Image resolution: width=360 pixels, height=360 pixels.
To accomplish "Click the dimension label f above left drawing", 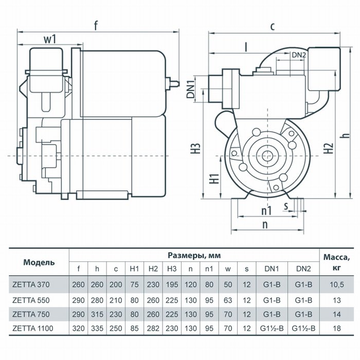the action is click(96, 26).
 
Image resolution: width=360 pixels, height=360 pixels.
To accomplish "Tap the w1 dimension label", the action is click(50, 39).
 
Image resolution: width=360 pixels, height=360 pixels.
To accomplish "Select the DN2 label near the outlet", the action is click(299, 55).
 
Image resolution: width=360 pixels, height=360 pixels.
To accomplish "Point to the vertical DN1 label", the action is click(191, 89).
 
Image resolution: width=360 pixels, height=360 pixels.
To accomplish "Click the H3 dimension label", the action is click(196, 148).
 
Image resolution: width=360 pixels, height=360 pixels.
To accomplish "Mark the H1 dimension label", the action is click(215, 178).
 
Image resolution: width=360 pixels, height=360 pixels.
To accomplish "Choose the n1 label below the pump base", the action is click(266, 210).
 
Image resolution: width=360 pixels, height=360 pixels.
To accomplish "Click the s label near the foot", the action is click(286, 206).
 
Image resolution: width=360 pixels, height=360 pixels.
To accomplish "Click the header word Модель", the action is click(39, 262).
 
